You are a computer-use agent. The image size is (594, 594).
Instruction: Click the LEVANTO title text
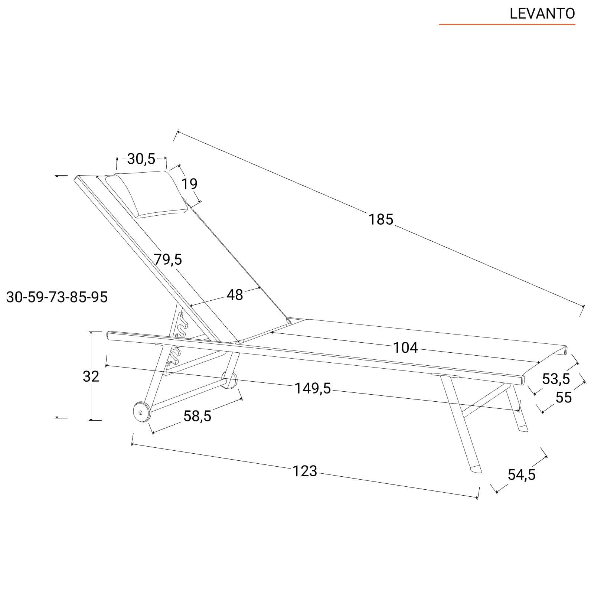542,14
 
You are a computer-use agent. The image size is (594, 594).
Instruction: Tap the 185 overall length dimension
381,219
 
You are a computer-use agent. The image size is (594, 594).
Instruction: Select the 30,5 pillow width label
141,159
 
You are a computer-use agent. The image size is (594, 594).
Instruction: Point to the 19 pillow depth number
189,184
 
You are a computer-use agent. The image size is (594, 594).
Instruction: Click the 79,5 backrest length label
168,260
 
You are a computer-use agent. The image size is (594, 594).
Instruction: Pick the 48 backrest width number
235,295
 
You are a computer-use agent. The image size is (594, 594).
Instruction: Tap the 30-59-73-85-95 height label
57,297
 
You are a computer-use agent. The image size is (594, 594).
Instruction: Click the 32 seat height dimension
91,376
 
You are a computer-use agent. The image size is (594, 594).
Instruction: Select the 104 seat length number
405,348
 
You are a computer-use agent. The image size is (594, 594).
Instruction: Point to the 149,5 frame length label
313,389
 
